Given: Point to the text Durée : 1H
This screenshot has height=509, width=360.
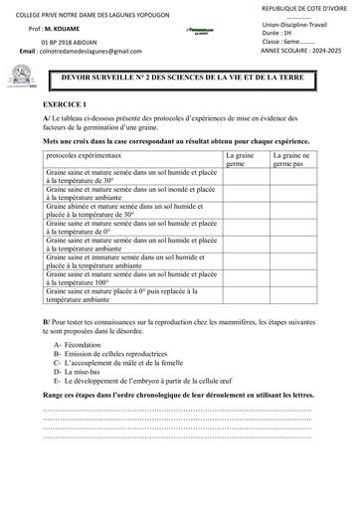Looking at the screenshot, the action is point(280,32).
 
